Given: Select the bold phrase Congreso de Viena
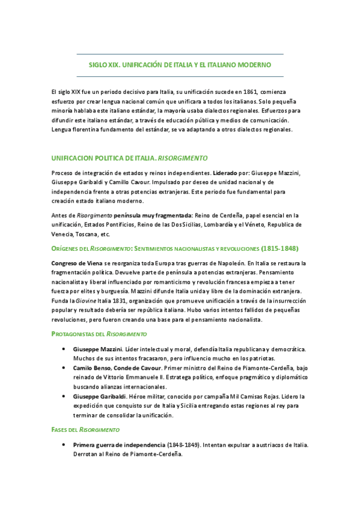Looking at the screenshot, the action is point(75,263).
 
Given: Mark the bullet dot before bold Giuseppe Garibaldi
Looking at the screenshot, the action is point(64,396).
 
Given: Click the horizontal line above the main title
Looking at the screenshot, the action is point(180,54).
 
